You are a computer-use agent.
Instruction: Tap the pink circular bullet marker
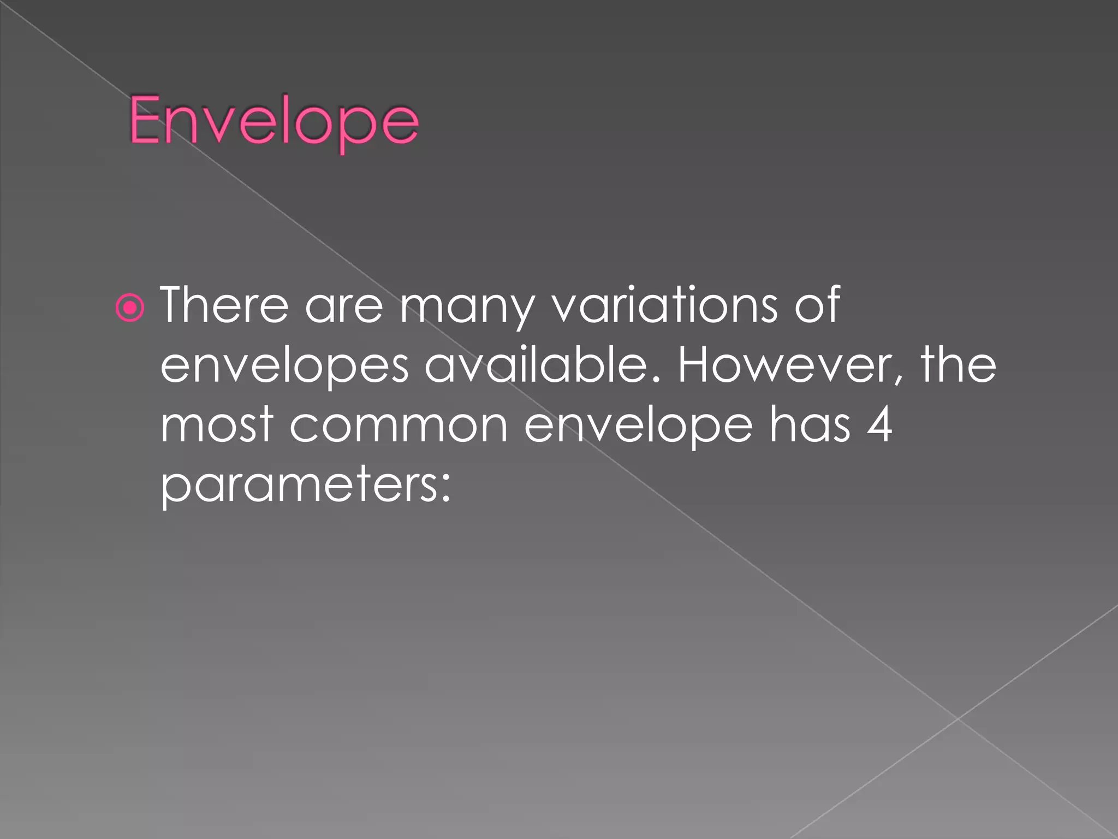click(x=130, y=308)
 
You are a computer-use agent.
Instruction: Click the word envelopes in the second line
click(x=284, y=367)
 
